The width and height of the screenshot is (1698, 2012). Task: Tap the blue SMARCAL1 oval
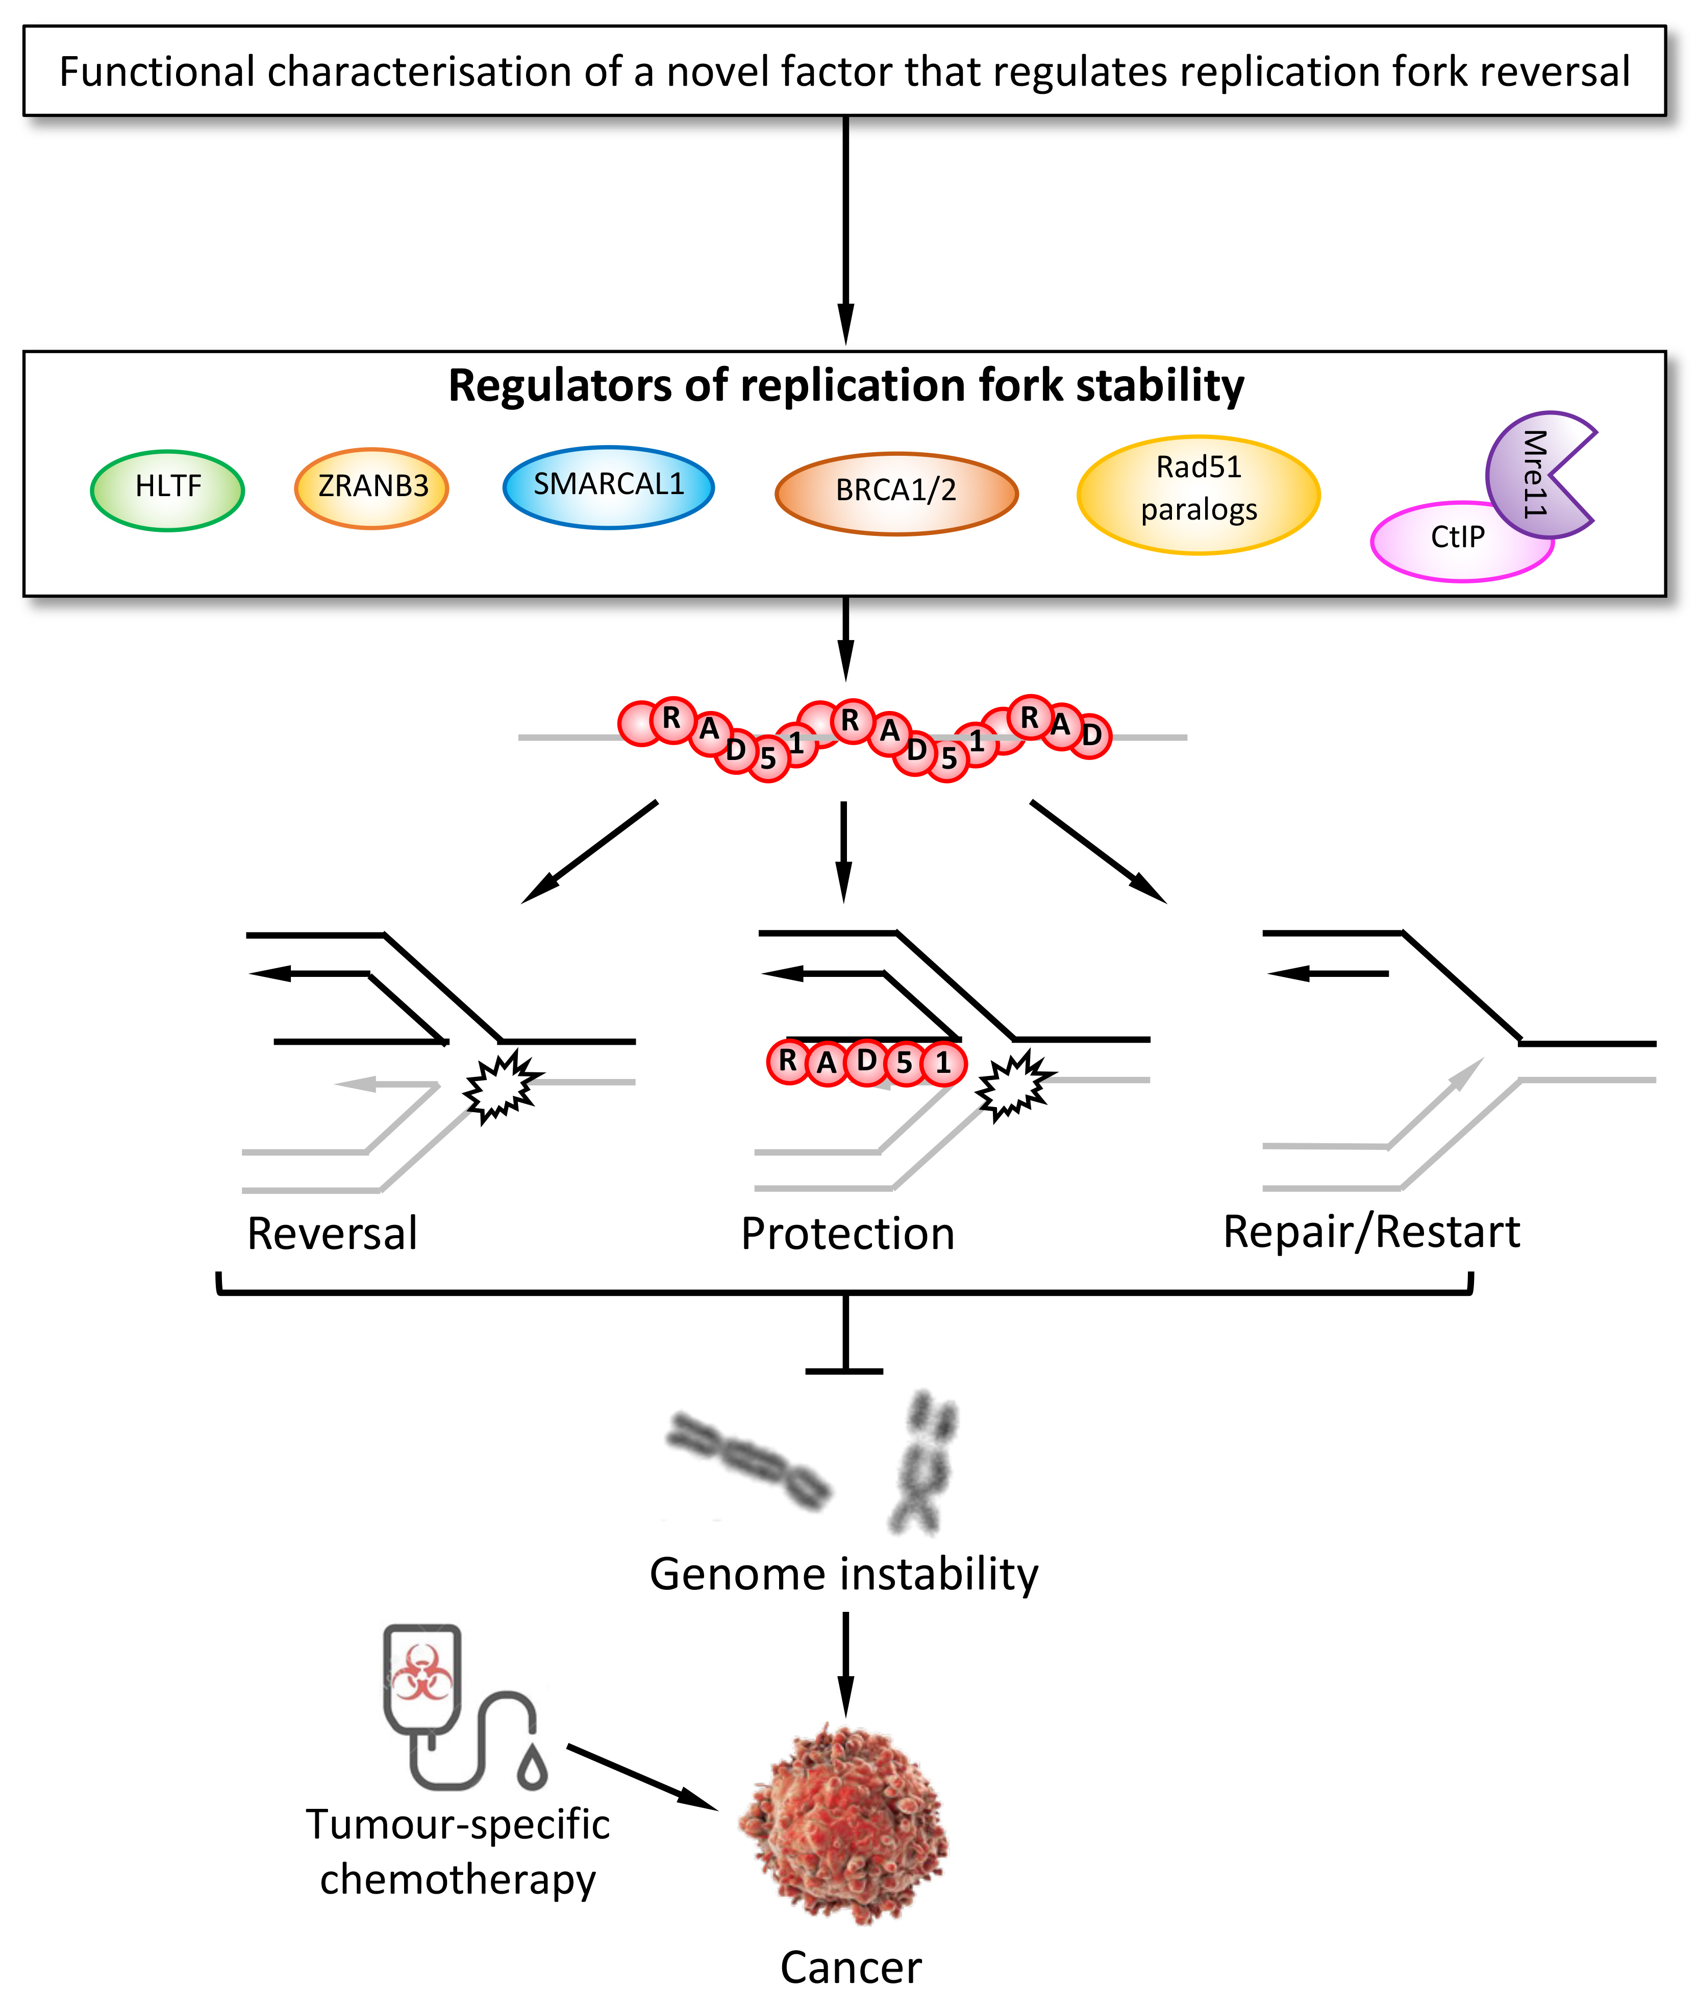point(608,486)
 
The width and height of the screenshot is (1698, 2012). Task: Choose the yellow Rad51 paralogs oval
point(1198,494)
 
